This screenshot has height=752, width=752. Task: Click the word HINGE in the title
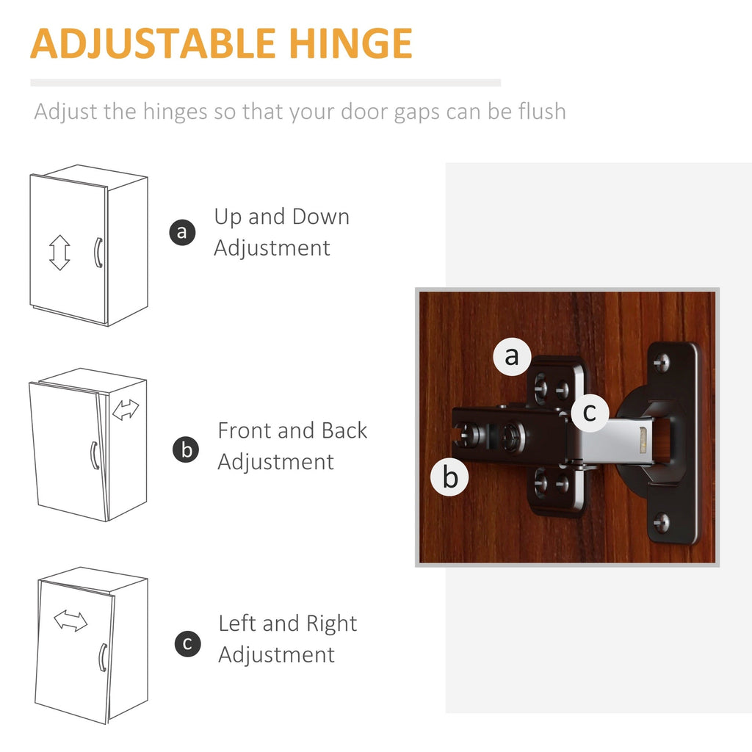358,43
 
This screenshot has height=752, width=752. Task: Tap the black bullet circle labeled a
182,233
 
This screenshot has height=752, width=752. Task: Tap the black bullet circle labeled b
187,449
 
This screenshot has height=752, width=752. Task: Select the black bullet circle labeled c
188,644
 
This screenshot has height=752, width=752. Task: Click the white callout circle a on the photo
512,356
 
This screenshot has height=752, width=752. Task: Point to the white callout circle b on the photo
450,477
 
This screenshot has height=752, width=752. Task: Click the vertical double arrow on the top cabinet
59,253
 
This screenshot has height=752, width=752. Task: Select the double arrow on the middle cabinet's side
126,410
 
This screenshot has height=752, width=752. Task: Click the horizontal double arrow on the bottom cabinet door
70,621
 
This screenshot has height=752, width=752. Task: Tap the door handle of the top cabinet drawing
96,252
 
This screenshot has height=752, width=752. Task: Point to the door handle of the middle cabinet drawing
94,455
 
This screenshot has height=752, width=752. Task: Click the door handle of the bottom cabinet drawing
103,657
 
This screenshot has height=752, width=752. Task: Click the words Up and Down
282,217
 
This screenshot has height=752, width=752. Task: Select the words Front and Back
292,431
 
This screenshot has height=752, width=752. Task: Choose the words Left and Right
288,624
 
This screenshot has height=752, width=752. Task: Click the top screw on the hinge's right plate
662,361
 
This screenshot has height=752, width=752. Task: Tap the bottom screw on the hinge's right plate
662,522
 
